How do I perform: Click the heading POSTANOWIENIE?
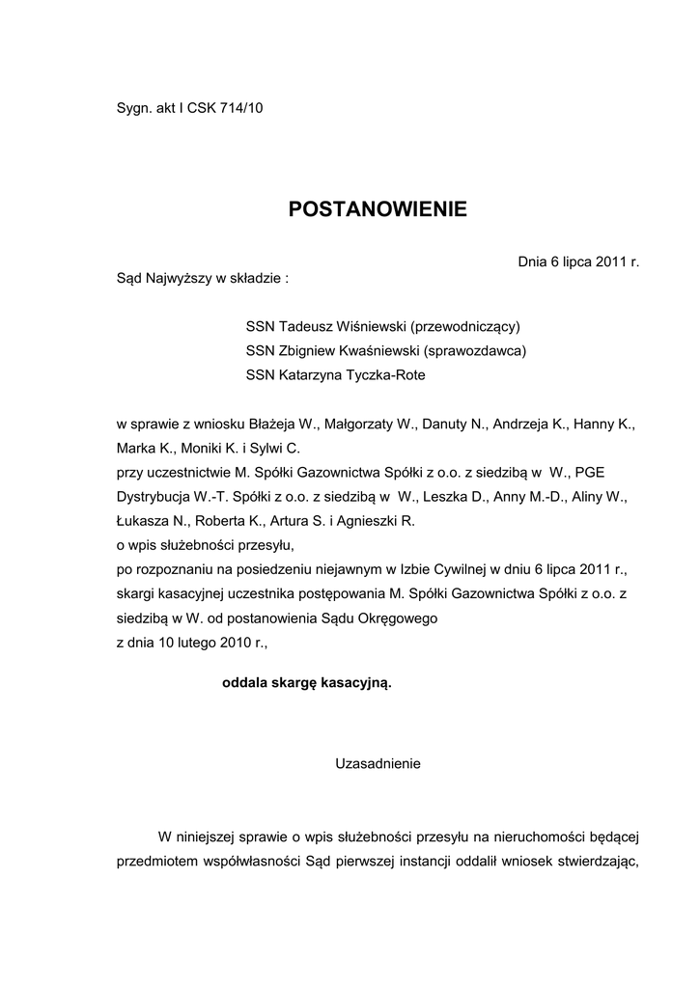pyautogui.click(x=378, y=209)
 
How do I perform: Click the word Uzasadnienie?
pyautogui.click(x=378, y=763)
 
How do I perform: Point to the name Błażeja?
pyautogui.click(x=269, y=424)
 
